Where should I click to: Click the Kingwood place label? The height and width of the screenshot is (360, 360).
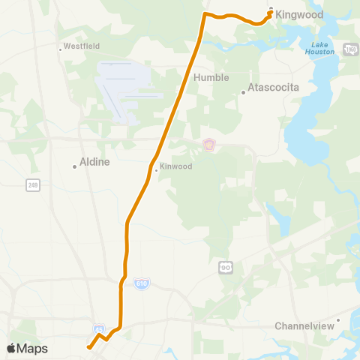coord(299,14)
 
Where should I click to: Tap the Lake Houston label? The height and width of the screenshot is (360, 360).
coord(319,48)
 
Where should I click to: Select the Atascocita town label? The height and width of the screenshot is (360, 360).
coord(274,87)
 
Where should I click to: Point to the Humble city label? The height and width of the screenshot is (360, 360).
coord(211,77)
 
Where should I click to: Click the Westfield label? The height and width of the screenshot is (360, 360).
coord(81,46)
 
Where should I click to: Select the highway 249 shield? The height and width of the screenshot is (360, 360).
coord(31,184)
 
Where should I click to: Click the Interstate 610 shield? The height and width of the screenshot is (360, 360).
coord(142,283)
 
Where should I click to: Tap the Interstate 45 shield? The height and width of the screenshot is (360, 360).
coord(99,329)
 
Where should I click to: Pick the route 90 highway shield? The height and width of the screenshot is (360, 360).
coord(226,267)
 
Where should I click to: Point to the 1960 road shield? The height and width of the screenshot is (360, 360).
coord(350,49)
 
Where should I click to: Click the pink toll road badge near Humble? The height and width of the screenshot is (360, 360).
coord(209,144)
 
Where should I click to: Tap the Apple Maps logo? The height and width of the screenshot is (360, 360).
coord(27,348)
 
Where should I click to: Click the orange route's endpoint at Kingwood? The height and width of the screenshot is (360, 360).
coord(270,12)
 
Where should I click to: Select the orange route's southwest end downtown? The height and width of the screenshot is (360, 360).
coord(88,347)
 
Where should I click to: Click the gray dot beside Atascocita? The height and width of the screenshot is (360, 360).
coord(244,93)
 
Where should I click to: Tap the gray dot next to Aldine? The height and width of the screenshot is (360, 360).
coord(75,166)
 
